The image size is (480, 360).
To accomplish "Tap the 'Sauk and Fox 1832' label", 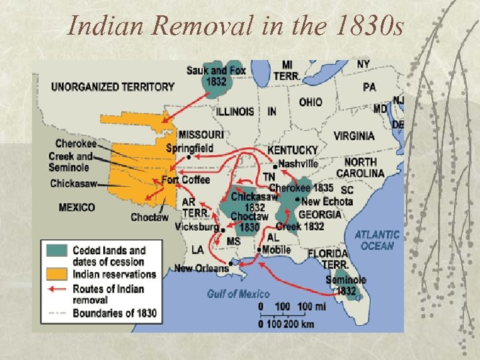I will coord(216,76).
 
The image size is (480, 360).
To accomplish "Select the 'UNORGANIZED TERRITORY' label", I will coord(113,87).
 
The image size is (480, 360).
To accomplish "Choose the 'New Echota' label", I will coord(327,201).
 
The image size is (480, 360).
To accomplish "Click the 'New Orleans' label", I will coord(201,268).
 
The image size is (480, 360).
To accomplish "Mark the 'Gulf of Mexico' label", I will coord(238,293).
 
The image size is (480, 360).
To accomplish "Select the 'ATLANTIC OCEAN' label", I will coord(377,240).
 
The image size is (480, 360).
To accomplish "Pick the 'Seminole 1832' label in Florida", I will coord(345,285).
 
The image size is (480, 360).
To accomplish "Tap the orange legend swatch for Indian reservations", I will coord(57,273).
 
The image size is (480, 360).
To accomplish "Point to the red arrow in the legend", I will coord(57,289).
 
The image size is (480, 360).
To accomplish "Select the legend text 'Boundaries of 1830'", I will coord(115,313).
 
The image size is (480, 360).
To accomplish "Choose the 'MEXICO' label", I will coord(77,207).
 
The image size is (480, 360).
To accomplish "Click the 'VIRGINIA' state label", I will coord(354,136).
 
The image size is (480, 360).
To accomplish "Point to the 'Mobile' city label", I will coord(276,250).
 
